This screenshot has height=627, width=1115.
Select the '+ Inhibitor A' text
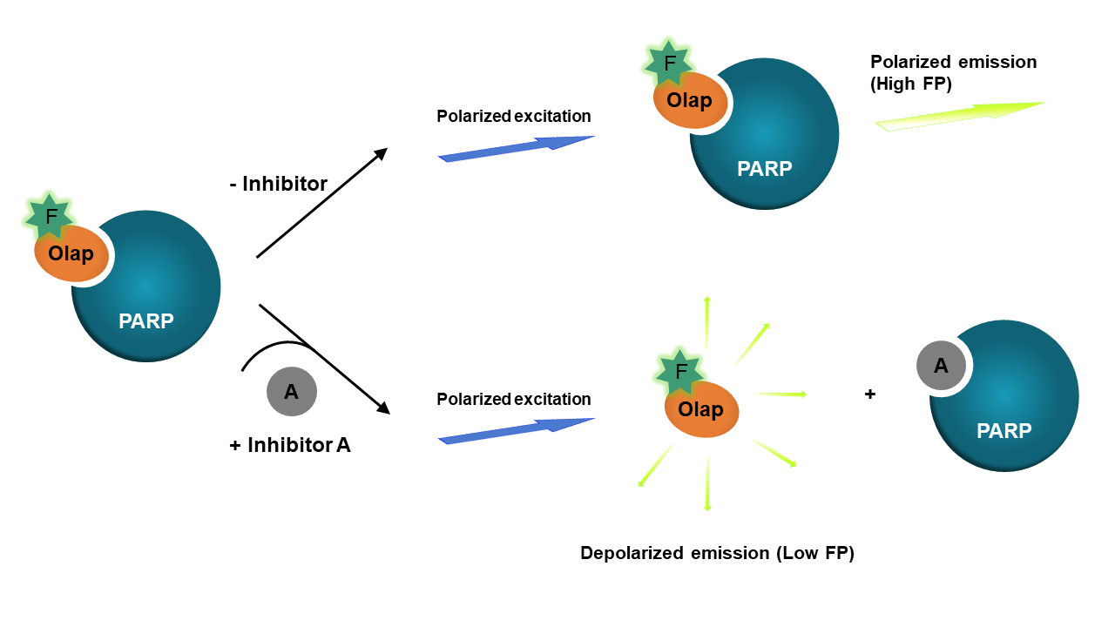(x=290, y=445)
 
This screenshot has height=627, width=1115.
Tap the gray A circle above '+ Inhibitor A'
(x=292, y=392)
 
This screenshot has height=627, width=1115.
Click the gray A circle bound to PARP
(x=941, y=366)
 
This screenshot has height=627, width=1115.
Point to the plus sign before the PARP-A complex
(x=869, y=394)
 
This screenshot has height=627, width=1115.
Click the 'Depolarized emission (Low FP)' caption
(x=717, y=553)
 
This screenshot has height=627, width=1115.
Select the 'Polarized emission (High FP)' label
(x=953, y=71)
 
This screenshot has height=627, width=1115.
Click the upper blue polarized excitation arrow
(x=516, y=148)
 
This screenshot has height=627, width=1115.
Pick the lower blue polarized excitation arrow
(x=516, y=430)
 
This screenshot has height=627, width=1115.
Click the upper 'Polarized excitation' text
(x=514, y=116)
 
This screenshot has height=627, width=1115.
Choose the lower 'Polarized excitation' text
(x=514, y=400)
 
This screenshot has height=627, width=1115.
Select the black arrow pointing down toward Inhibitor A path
(x=323, y=358)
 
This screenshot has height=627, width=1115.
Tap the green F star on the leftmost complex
(x=51, y=215)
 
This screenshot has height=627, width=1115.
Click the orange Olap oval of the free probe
(x=701, y=409)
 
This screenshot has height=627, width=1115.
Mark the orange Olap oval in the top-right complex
(x=690, y=100)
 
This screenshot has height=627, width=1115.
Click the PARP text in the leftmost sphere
(x=146, y=320)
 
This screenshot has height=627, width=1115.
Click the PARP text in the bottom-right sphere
(x=1003, y=430)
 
